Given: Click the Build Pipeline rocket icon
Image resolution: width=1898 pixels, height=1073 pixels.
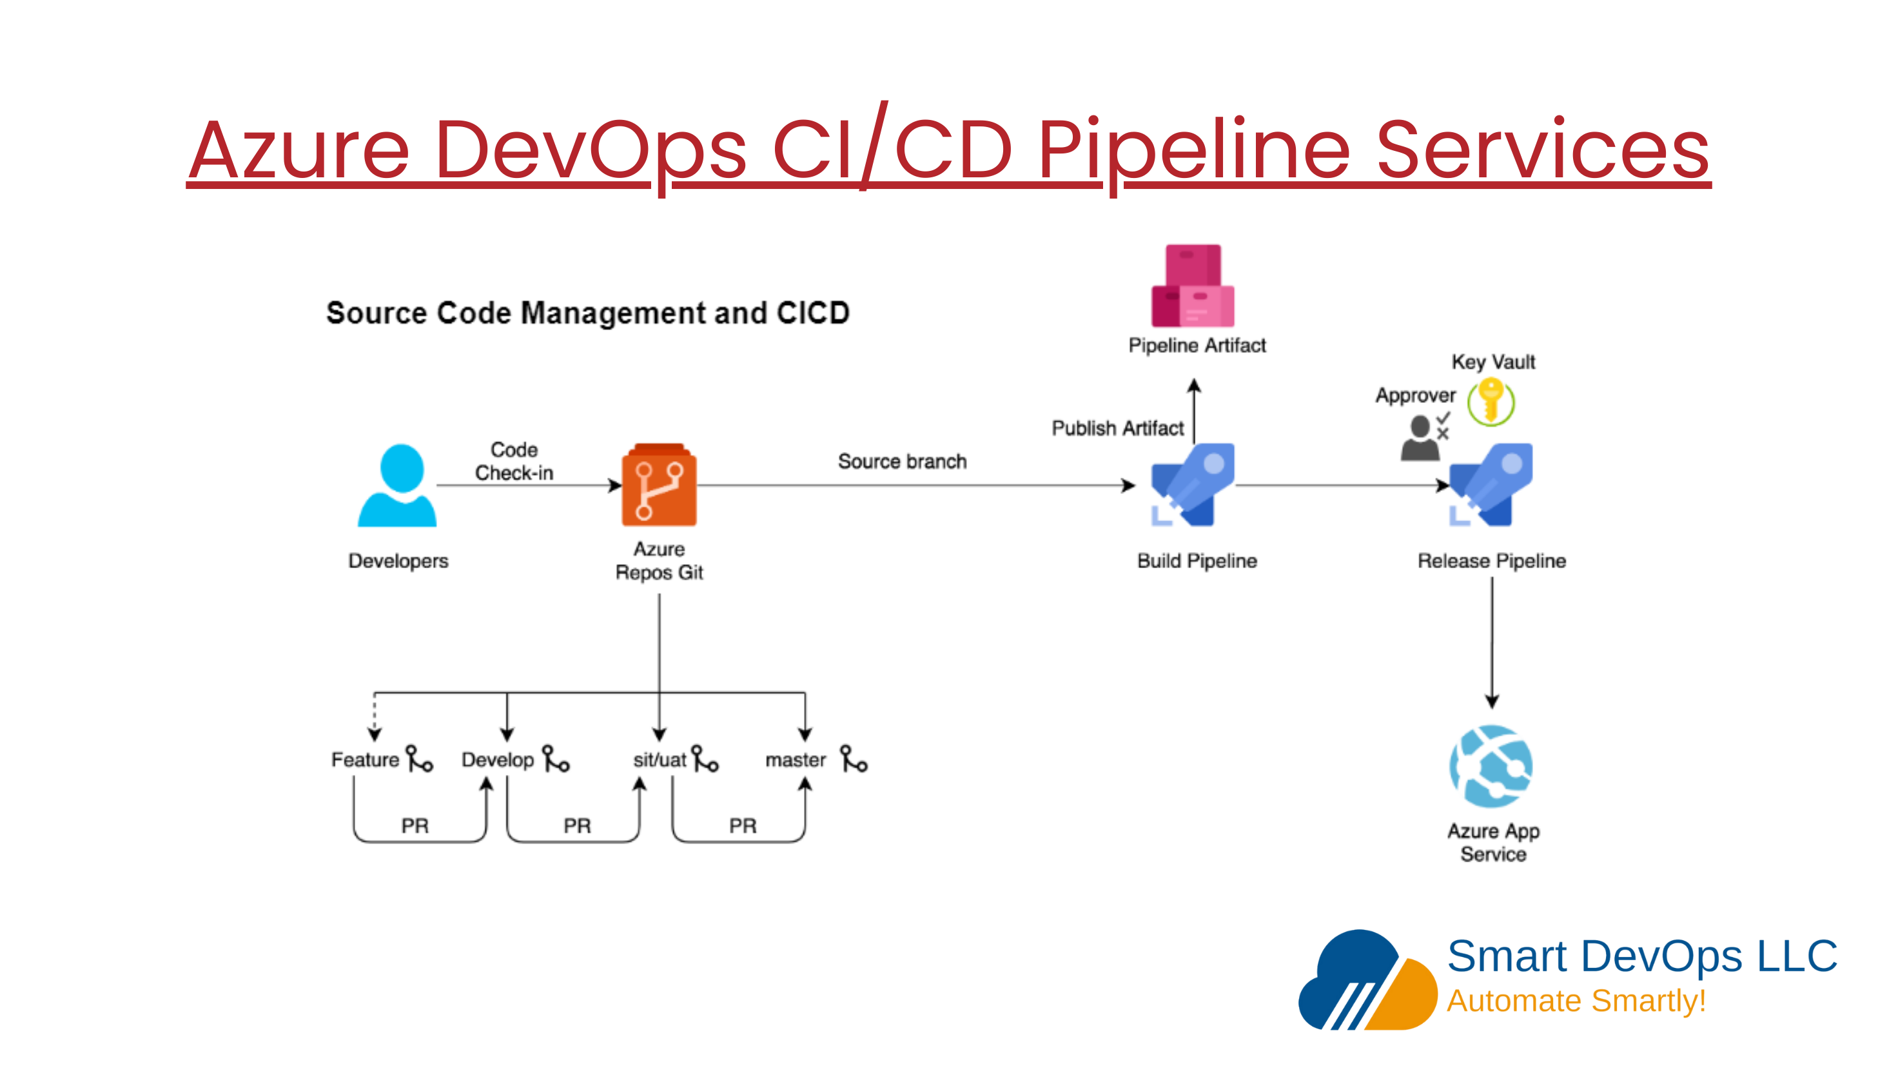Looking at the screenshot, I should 1193,484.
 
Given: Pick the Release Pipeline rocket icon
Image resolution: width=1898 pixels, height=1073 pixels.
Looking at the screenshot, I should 1491,484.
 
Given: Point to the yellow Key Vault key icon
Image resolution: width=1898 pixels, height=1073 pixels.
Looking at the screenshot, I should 1491,402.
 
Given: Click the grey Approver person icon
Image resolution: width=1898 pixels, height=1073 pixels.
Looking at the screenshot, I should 1420,438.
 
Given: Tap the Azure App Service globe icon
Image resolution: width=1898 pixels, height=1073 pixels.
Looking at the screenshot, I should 1491,767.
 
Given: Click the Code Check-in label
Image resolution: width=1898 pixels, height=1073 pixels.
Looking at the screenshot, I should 514,461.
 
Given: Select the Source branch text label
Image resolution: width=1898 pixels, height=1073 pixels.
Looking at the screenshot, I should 902,461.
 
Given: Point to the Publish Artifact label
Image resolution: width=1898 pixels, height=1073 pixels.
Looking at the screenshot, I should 1117,428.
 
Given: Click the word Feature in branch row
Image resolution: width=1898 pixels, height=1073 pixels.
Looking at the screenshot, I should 365,760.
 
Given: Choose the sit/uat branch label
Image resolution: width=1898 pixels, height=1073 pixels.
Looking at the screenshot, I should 659,760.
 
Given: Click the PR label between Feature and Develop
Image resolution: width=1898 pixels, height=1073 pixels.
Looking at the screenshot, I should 415,825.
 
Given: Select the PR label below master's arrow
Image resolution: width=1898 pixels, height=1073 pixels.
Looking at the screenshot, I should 743,825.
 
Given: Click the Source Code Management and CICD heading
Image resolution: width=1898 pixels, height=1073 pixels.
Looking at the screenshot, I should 587,313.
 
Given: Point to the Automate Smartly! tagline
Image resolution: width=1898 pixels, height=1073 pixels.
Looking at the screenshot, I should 1576,1001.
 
